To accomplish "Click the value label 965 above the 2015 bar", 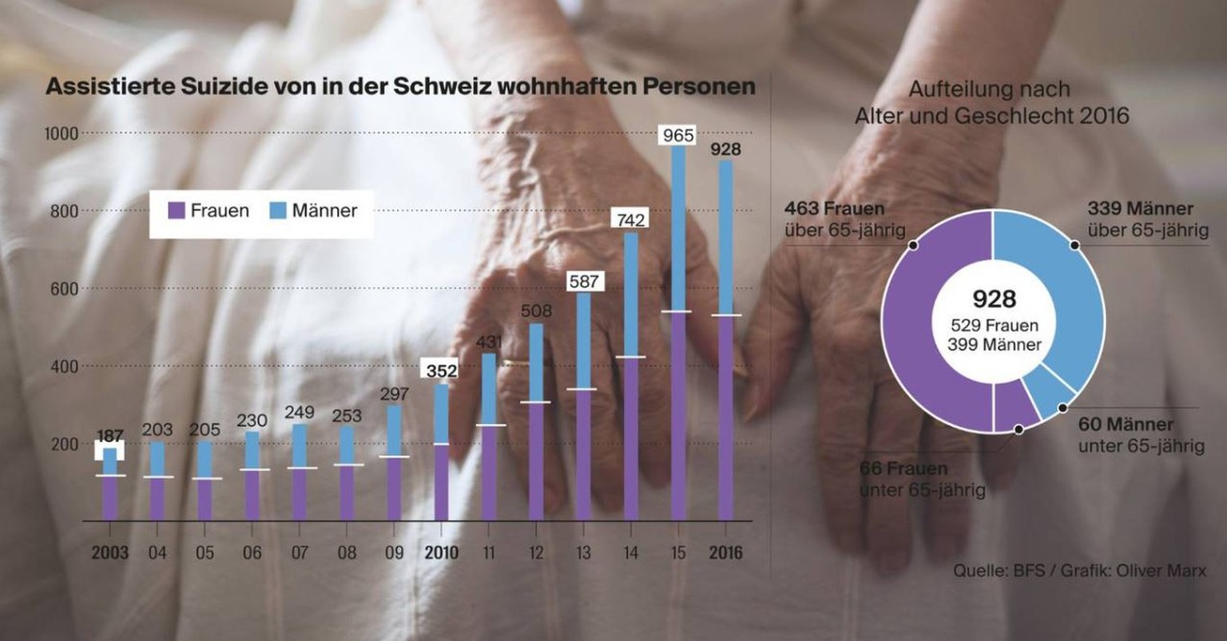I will [678, 135].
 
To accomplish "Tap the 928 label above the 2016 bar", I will [725, 149].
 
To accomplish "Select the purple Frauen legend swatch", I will [177, 212].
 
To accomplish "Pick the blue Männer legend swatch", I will [279, 212].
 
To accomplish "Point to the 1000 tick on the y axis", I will [62, 133].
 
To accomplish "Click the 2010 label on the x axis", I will [441, 552].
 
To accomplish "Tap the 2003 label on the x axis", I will [109, 552].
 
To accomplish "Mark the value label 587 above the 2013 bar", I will [583, 281].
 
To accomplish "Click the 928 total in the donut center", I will [994, 299].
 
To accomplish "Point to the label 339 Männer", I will [1140, 209].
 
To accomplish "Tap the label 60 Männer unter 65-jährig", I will [1140, 434].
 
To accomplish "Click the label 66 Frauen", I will [903, 469].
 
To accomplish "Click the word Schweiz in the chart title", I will [443, 87].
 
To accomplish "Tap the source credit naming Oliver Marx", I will [1079, 571].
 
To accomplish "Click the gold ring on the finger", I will [515, 363].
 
